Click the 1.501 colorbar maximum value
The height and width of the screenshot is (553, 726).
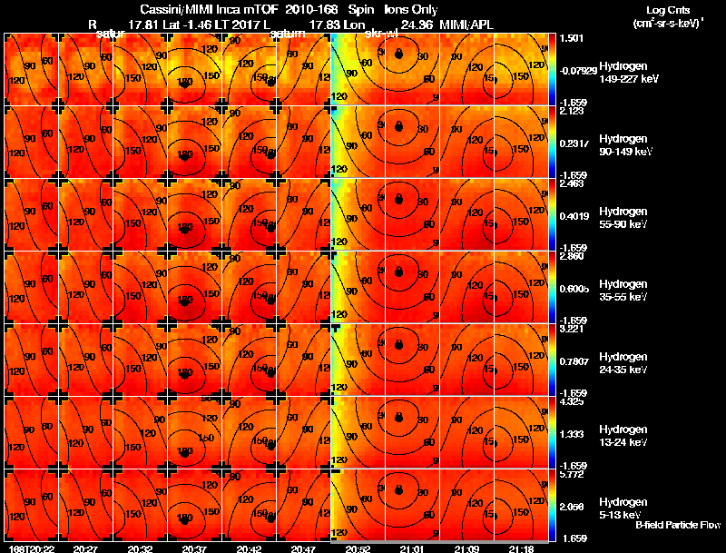click(572, 38)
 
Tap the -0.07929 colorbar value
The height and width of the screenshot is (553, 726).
click(577, 70)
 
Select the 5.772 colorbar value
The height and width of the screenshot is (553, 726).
click(572, 474)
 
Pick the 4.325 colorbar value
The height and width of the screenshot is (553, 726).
click(572, 401)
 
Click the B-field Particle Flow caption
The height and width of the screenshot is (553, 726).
click(678, 526)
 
